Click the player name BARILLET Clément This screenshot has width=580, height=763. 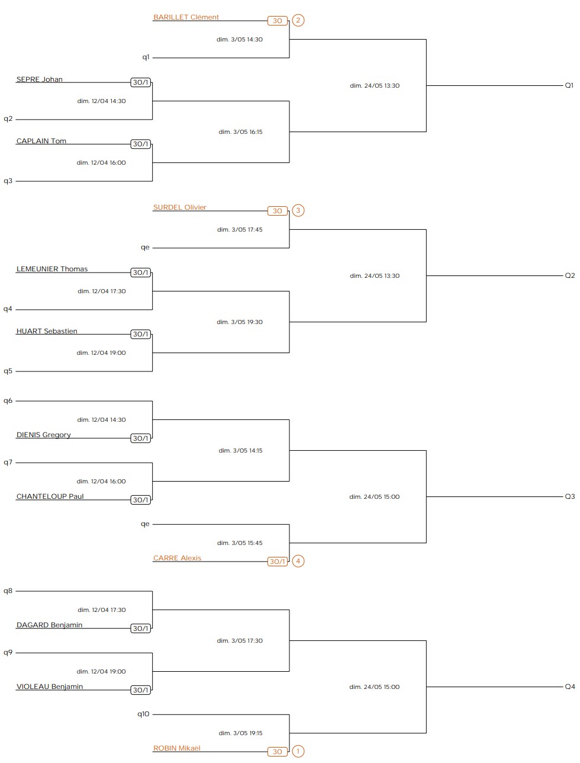186,17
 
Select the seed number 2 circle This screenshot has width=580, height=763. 298,21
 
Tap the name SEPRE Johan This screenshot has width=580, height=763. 39,79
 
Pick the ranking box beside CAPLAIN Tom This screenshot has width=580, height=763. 141,144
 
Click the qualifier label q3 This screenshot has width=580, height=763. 8,181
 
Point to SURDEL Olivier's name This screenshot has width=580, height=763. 179,207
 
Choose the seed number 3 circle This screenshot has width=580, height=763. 298,211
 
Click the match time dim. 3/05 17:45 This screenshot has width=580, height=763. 240,230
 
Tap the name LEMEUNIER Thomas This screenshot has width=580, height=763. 52,269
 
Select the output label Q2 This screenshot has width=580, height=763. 569,275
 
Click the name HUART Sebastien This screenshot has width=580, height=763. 47,331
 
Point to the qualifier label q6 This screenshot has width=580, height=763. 8,401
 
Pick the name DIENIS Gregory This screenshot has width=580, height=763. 44,435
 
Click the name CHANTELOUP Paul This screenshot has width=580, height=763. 50,496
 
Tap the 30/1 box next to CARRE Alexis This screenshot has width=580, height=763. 278,562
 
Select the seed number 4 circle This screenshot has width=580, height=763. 298,562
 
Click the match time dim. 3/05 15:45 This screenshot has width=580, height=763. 240,543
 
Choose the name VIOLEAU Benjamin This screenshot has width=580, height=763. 50,687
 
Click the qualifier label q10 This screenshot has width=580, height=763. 143,714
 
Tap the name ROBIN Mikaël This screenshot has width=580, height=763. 176,748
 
